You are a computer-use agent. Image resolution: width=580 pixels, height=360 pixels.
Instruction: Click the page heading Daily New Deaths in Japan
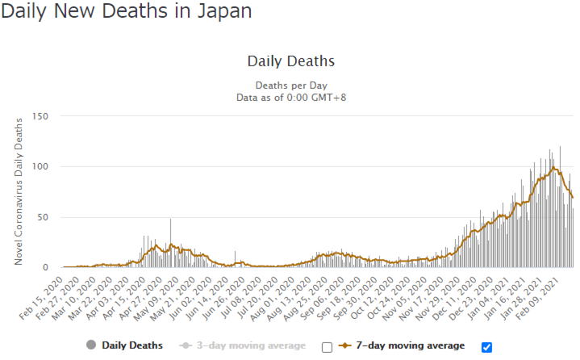(127, 12)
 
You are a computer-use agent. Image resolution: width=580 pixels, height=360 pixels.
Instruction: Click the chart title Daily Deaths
(290, 61)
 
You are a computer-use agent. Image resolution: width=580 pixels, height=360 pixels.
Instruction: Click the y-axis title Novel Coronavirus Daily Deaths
(19, 190)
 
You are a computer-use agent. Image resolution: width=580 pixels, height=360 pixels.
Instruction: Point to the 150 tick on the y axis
(40, 116)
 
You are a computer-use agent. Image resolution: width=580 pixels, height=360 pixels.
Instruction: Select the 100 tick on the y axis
(40, 166)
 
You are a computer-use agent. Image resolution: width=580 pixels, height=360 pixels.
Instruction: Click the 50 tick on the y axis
(44, 217)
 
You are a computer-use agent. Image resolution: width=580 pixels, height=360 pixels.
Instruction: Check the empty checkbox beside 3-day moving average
(327, 347)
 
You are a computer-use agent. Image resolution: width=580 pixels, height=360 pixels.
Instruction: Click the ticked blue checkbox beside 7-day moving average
(486, 347)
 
